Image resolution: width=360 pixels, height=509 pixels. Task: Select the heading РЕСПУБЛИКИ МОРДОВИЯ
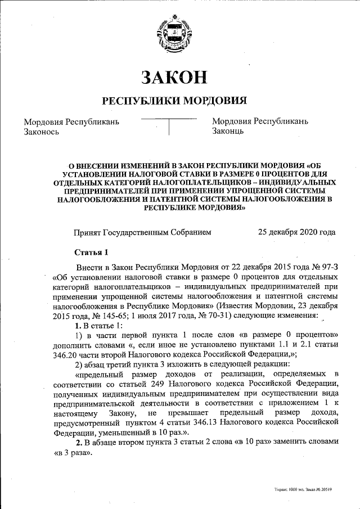tap(174, 101)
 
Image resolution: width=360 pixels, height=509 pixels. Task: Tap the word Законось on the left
tap(42, 131)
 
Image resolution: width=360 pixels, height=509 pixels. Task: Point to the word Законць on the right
tap(228, 131)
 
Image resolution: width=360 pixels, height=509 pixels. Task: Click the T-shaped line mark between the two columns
tap(169, 127)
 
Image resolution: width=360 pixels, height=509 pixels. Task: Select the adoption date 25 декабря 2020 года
tap(296, 232)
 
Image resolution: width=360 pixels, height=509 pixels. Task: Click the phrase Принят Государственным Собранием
tap(143, 232)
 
